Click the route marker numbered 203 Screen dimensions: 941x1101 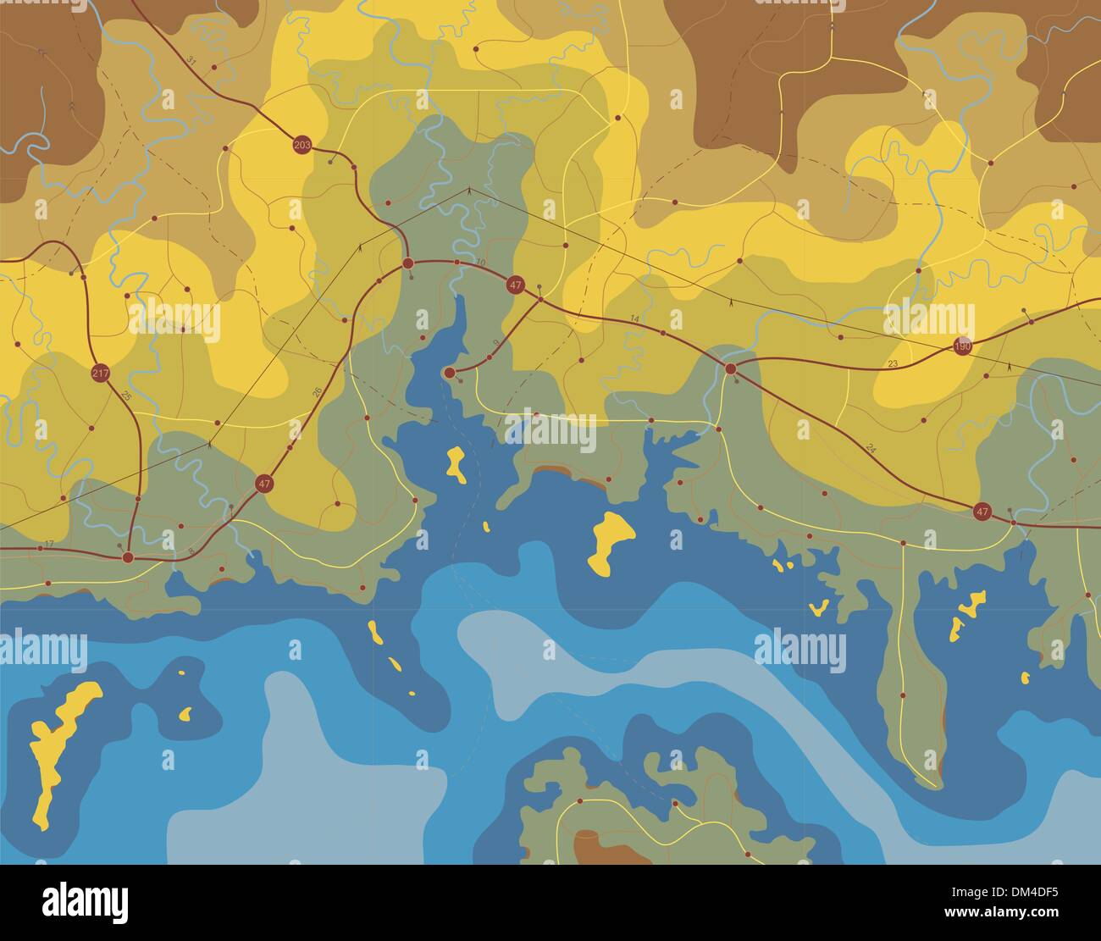[x=302, y=146]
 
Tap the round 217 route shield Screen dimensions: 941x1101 [x=100, y=374]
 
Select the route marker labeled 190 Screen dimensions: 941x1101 [x=962, y=346]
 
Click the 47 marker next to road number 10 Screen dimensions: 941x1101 [x=515, y=285]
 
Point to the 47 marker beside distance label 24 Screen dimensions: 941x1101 [x=982, y=511]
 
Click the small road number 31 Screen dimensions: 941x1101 [x=191, y=61]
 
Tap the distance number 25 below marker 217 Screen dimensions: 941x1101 [x=127, y=396]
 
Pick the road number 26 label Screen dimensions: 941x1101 [x=318, y=392]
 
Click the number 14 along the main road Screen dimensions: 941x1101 [x=635, y=318]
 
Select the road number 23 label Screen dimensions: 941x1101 [x=892, y=363]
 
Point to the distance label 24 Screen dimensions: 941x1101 [x=871, y=446]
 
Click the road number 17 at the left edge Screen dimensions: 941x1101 [x=48, y=543]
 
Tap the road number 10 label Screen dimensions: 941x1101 [x=481, y=263]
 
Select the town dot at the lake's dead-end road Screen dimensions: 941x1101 [x=450, y=373]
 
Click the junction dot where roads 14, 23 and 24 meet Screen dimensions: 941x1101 [x=730, y=368]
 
